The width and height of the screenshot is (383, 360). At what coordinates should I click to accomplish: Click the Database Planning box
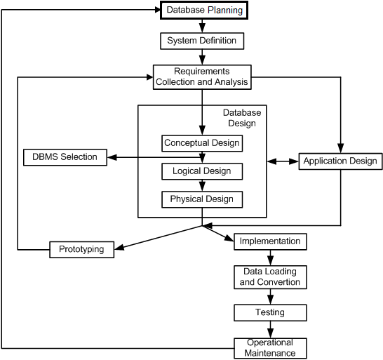204,10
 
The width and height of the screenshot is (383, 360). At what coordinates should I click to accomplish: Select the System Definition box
202,41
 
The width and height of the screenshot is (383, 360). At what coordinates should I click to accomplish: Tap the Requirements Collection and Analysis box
202,77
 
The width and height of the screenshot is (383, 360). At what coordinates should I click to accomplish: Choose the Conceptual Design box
202,143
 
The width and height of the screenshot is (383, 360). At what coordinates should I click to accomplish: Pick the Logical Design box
202,171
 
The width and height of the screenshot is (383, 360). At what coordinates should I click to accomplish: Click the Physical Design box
202,199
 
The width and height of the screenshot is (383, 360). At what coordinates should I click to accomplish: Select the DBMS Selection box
65,157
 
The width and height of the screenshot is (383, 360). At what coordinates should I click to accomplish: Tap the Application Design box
340,161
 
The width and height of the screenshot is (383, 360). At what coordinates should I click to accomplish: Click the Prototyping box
81,250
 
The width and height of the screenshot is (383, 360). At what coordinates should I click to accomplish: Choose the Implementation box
270,241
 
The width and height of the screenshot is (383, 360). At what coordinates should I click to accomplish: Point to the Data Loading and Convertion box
270,277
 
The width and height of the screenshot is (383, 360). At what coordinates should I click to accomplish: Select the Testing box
270,312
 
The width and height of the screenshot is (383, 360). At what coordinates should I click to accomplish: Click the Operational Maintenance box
270,348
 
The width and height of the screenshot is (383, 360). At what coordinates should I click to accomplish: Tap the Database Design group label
242,118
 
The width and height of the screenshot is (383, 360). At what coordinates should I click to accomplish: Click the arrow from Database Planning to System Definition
202,26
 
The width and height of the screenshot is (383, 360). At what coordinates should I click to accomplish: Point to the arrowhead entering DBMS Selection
112,157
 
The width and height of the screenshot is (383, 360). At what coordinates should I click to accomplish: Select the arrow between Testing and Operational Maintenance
270,329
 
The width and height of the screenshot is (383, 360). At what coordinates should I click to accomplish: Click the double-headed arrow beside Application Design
283,161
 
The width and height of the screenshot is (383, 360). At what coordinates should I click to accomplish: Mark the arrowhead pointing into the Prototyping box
119,247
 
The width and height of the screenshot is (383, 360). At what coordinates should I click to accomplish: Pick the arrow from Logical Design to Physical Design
202,185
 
